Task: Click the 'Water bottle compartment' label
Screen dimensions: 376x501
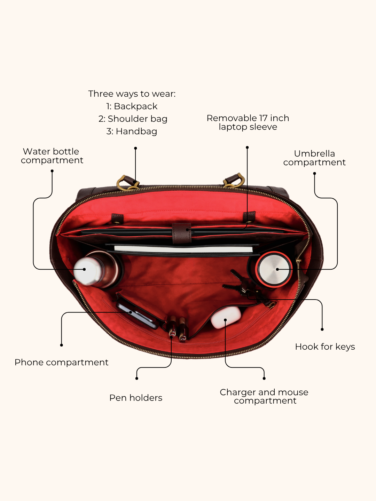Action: coord(52,156)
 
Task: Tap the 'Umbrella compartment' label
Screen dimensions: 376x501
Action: coord(314,158)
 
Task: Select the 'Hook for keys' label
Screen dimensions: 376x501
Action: coord(325,347)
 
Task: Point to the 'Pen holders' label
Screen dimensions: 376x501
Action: coord(136,398)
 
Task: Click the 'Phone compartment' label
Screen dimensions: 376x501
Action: coord(61,363)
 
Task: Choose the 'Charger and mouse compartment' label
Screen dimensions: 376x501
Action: coord(264,397)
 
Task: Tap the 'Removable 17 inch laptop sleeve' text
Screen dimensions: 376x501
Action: coord(248,122)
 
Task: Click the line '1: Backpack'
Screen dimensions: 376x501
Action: coord(132,106)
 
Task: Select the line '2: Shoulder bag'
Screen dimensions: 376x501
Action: coord(133,119)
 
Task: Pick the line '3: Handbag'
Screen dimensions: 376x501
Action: coord(132,132)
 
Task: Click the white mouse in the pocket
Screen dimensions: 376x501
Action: coord(226,317)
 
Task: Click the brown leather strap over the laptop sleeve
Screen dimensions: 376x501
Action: coord(182,233)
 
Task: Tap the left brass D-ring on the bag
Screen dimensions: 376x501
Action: coord(128,183)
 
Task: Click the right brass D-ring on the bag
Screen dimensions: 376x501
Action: coord(234,180)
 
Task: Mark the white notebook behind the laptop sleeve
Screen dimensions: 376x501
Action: coord(183,249)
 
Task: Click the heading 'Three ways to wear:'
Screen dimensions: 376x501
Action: coord(132,94)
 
